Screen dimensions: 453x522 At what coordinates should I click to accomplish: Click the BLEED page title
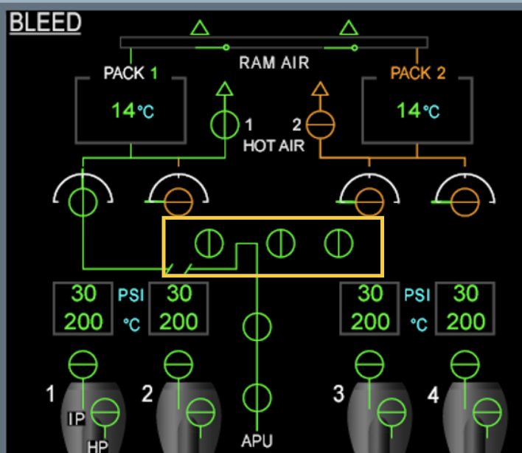click(x=44, y=22)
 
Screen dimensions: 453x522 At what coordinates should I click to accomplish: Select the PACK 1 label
click(x=130, y=73)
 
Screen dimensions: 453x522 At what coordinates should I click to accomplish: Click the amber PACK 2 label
click(x=418, y=73)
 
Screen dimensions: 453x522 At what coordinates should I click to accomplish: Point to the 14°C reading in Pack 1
click(x=133, y=111)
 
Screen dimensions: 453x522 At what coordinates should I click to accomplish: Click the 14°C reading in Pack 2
click(x=418, y=111)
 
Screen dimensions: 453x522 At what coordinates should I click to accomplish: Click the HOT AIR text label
click(x=274, y=145)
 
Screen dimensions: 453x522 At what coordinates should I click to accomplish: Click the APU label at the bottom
click(x=257, y=441)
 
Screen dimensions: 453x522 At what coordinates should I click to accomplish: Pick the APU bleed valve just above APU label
click(x=257, y=398)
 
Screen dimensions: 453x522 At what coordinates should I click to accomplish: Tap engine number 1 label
click(x=50, y=394)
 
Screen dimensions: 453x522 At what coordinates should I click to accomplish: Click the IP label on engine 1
click(x=77, y=419)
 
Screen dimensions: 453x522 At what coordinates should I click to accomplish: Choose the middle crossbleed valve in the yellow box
click(x=279, y=243)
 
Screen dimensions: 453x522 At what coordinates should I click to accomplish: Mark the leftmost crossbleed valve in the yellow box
click(x=209, y=243)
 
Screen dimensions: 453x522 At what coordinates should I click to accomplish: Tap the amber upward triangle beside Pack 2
click(x=319, y=90)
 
